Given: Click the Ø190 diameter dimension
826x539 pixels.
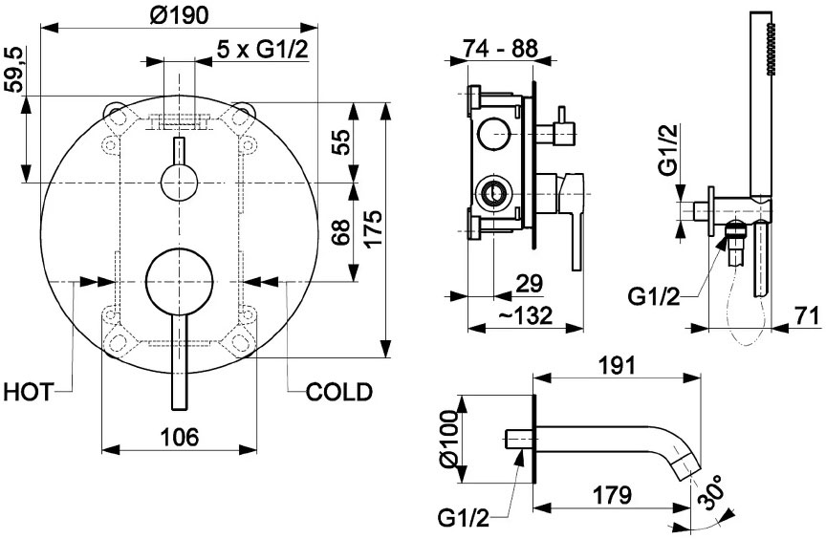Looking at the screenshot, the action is tap(179, 16).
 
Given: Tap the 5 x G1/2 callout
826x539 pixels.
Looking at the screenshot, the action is tap(262, 50).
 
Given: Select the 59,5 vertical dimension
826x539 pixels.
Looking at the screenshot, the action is tap(16, 70).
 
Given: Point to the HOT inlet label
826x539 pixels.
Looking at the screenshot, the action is tap(29, 392).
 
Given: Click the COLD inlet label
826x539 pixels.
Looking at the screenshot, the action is tap(339, 392).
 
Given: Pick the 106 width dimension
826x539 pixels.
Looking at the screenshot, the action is tap(179, 437).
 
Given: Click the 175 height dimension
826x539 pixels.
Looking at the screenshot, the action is tap(374, 229).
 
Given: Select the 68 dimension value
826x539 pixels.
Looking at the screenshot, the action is tap(341, 232).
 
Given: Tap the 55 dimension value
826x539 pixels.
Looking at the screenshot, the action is tap(341, 141).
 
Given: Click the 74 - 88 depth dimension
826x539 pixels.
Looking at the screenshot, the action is tap(500, 49).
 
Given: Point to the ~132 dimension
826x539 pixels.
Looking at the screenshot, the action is tap(525, 315).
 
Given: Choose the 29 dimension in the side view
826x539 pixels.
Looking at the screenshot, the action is tap(530, 284).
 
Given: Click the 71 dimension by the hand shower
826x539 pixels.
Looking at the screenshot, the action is tap(806, 316).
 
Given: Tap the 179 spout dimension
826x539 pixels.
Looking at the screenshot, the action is tap(612, 495).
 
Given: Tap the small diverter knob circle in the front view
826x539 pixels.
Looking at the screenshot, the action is tap(179, 183).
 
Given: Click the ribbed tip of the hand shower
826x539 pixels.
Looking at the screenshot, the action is tap(771, 48).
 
